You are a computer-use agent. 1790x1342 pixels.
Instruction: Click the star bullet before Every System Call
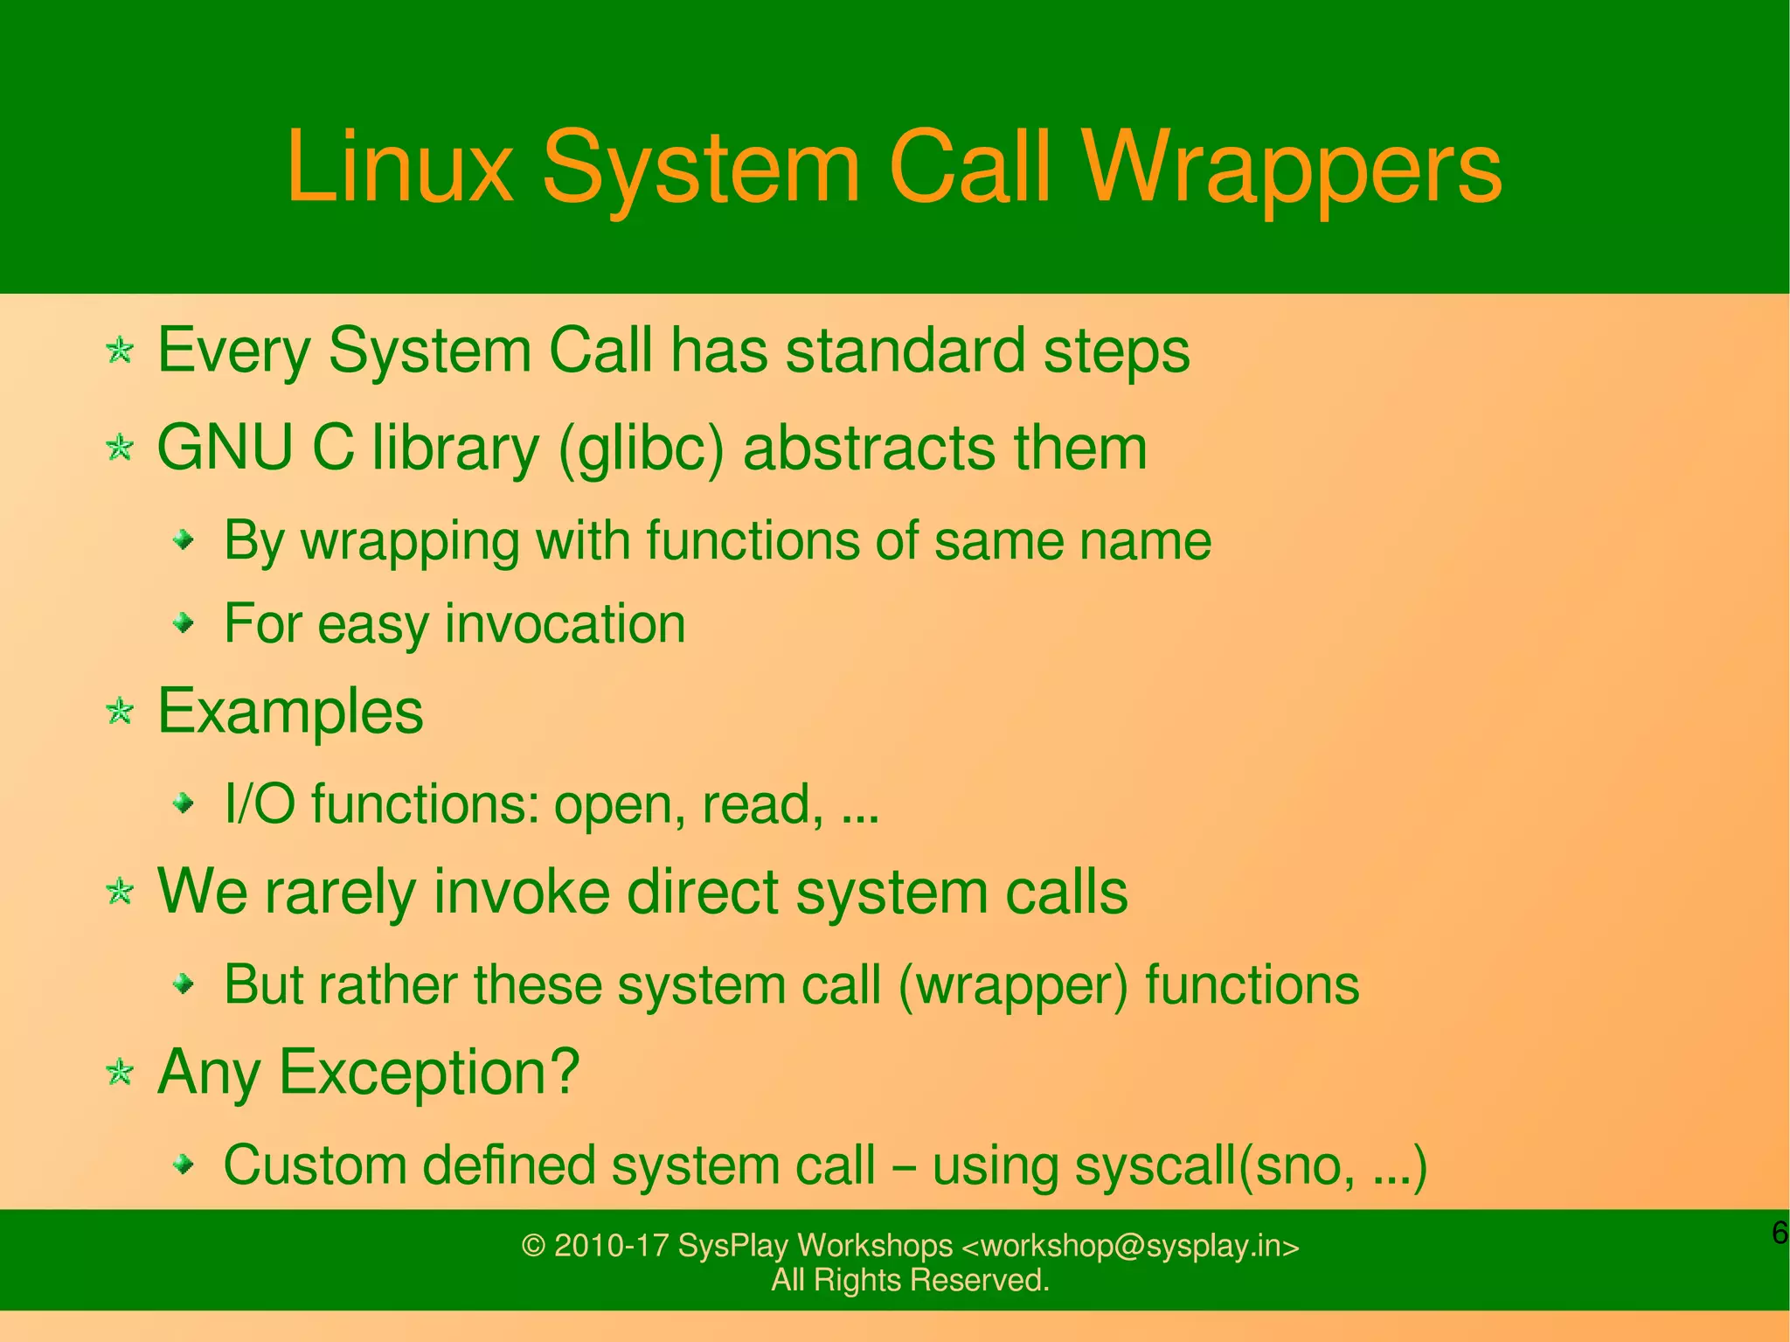pyautogui.click(x=120, y=351)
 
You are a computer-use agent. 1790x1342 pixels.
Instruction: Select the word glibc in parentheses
pyautogui.click(x=642, y=449)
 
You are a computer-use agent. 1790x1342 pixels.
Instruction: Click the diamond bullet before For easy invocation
pyautogui.click(x=184, y=623)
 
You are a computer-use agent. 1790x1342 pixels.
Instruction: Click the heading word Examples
pyautogui.click(x=289, y=712)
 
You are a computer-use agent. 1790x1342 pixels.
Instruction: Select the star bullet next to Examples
pyautogui.click(x=120, y=712)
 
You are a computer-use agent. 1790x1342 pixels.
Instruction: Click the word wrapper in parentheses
pyautogui.click(x=1013, y=986)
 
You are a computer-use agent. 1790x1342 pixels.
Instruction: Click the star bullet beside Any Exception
pyautogui.click(x=120, y=1072)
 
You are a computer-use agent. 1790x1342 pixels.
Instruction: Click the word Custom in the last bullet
pyautogui.click(x=315, y=1165)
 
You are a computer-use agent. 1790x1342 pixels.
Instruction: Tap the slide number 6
pyautogui.click(x=1779, y=1234)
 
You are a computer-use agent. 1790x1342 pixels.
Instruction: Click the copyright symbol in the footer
pyautogui.click(x=533, y=1246)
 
